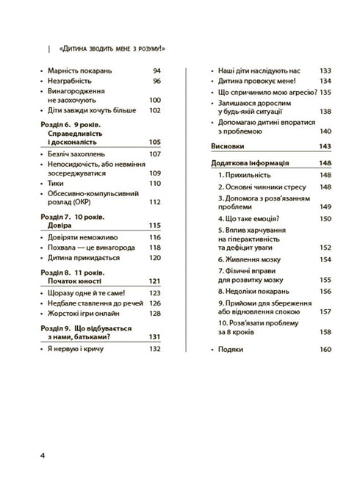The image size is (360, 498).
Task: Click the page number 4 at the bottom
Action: (42, 455)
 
